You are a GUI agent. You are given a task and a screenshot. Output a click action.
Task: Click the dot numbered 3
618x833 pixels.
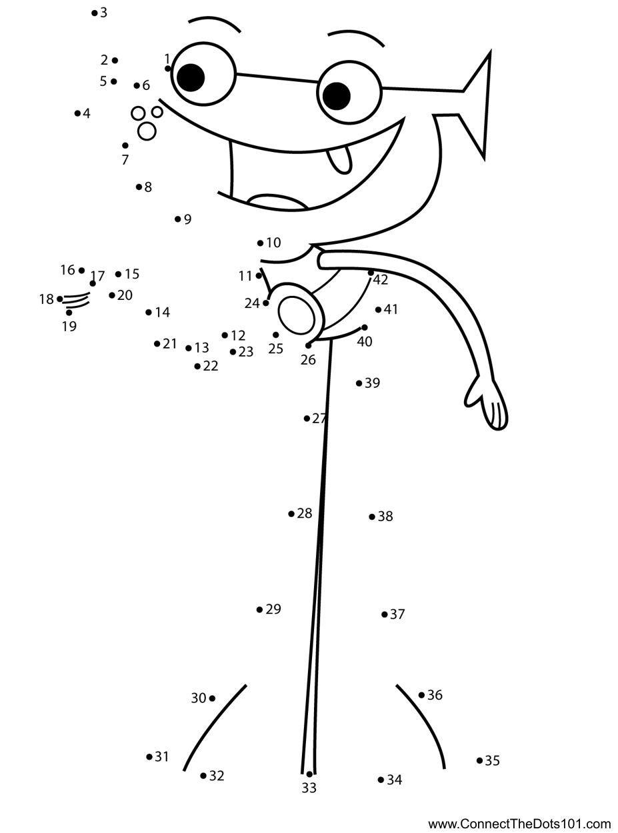tap(95, 13)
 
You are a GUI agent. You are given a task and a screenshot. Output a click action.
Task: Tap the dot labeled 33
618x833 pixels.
tap(309, 774)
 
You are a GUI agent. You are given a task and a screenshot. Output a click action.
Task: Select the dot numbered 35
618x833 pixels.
tap(479, 760)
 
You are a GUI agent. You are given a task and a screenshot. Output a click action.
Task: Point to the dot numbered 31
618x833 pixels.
tap(149, 756)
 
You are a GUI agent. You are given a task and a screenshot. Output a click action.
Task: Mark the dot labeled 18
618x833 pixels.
tap(60, 299)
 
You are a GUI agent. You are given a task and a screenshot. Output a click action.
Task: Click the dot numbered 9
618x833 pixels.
tap(177, 219)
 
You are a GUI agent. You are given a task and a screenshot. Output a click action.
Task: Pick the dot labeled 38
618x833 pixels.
tap(372, 516)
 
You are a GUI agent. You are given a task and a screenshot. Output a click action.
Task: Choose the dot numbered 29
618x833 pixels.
tap(259, 609)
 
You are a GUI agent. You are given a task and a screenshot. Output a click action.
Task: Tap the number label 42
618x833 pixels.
tap(381, 281)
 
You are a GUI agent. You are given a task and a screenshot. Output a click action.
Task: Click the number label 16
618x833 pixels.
tap(67, 270)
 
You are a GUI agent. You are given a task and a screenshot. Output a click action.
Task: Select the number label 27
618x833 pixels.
tap(320, 418)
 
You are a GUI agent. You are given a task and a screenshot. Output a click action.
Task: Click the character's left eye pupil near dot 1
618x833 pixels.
tap(191, 77)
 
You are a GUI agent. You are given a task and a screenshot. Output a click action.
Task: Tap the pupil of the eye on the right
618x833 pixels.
tap(337, 95)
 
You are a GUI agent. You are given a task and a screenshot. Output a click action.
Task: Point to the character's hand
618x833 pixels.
tap(490, 405)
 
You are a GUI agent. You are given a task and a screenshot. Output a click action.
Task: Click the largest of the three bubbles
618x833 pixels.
tap(147, 131)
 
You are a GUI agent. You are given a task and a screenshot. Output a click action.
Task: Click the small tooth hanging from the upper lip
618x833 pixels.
tap(339, 159)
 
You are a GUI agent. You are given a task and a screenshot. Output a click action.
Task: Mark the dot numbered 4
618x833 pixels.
tap(77, 113)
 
